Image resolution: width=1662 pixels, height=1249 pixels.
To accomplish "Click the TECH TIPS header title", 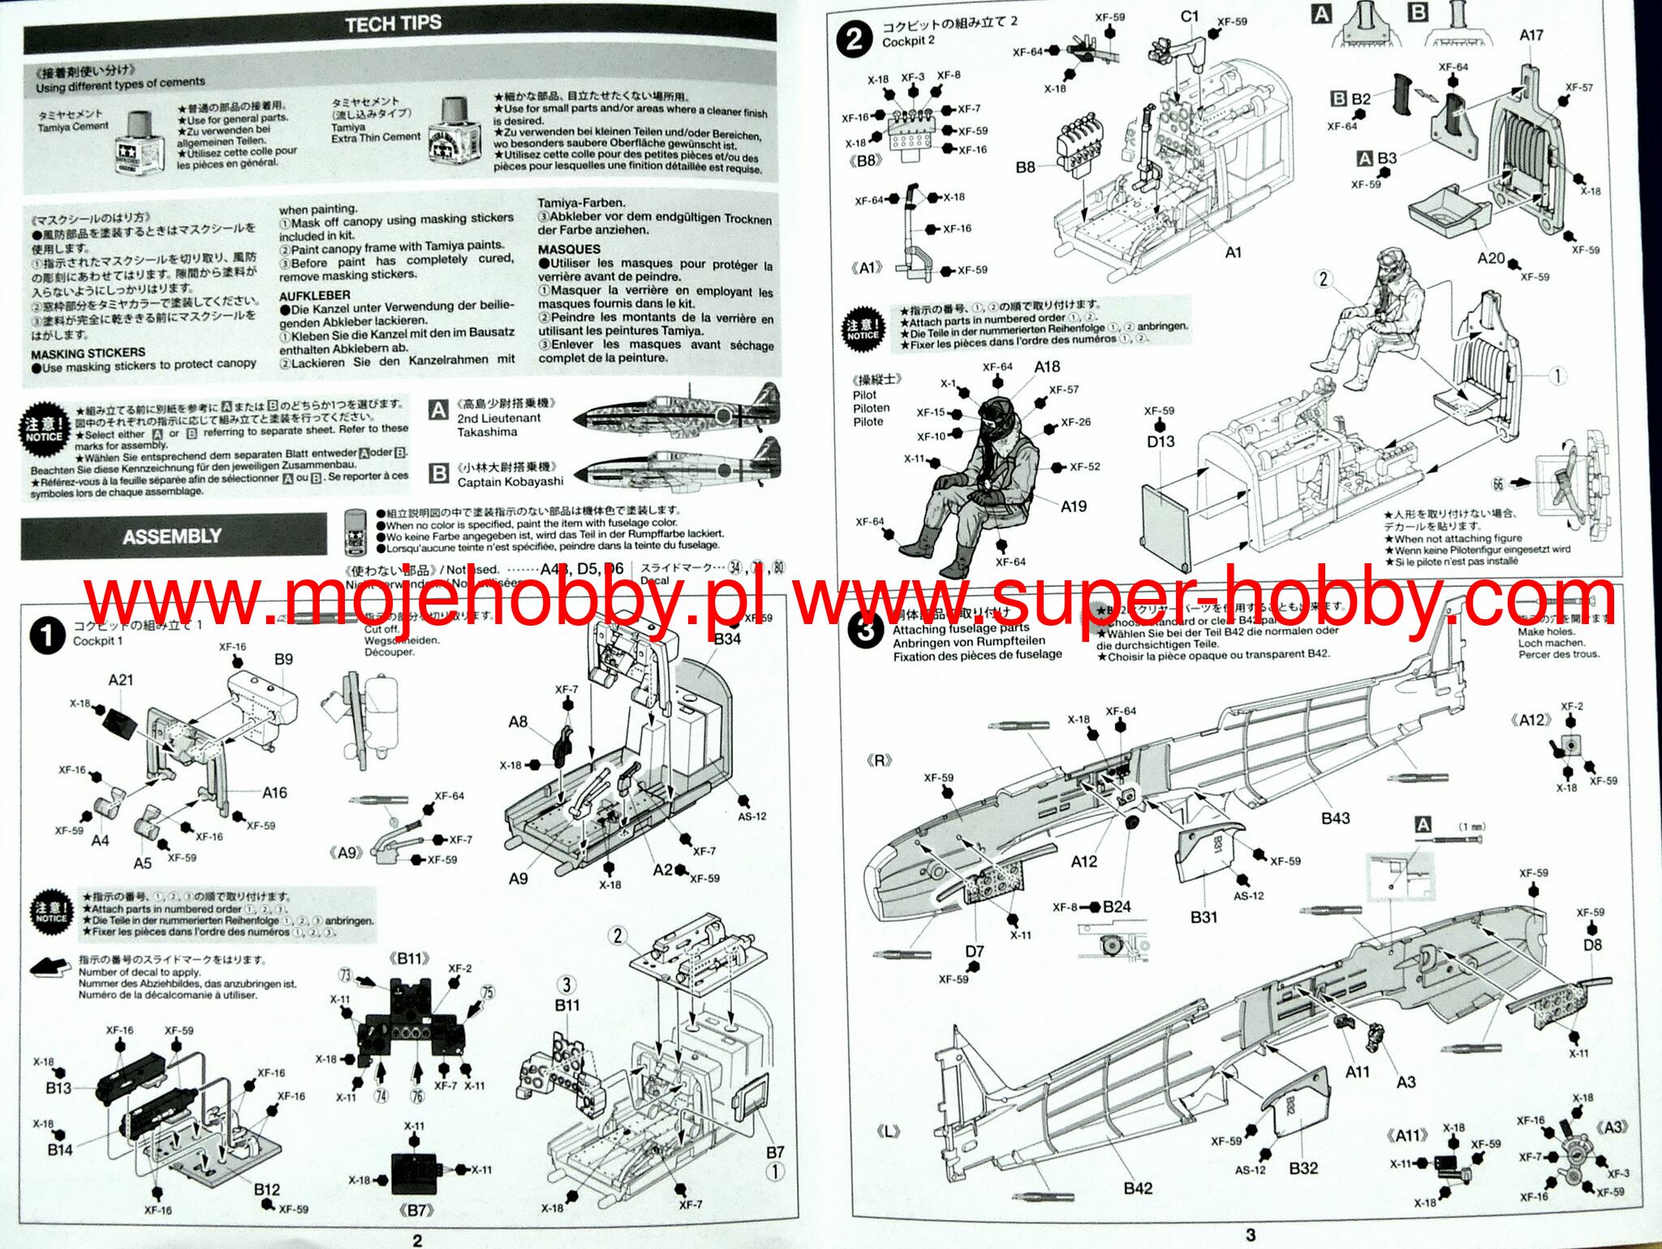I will coord(394,24).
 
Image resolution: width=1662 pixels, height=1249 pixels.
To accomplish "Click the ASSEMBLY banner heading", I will coord(172,536).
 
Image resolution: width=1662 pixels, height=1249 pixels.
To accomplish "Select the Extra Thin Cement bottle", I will coord(451,131).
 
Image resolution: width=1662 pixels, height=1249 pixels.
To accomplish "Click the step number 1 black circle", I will coord(47,635).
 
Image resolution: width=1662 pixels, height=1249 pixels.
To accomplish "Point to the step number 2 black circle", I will coord(855,38).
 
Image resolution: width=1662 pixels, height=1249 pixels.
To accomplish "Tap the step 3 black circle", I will coord(865,630).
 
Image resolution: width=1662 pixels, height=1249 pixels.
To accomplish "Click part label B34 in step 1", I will coord(726,639).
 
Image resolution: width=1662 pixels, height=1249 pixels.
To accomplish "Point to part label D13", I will coord(1160,441).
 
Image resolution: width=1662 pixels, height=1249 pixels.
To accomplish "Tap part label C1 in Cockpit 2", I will coord(1190,17).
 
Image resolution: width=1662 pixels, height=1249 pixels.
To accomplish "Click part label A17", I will coord(1531,35).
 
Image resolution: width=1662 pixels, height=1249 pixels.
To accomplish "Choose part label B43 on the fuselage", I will coord(1335,818).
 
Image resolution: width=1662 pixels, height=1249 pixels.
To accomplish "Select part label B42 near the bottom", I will coord(1138,1188).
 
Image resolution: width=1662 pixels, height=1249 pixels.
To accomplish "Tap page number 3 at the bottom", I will coord(1251,1234).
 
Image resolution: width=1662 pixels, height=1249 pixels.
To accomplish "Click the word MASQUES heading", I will coord(569,249).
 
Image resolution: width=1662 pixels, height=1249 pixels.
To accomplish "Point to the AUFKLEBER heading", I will coord(315,295).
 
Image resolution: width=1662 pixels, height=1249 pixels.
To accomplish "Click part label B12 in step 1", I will coord(266,1190).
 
